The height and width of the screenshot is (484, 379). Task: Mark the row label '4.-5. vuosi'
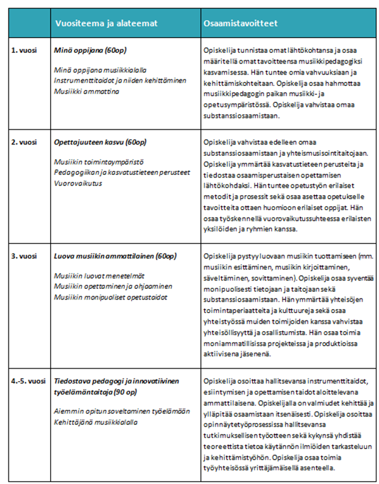(28, 381)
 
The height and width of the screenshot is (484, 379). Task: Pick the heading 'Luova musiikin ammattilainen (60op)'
(115, 256)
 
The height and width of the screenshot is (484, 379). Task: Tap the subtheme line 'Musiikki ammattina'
(86, 91)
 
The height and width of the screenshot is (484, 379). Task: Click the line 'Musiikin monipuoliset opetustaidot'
(110, 297)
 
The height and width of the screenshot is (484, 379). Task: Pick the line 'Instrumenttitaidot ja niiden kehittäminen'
(119, 80)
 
